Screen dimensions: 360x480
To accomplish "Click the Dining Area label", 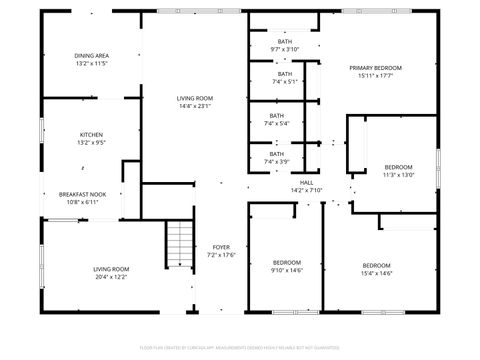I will coord(91,55).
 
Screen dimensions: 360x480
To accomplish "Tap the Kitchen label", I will coord(91,134).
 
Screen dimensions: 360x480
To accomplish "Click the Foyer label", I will coord(221,247).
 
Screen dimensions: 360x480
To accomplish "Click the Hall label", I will coord(307,183).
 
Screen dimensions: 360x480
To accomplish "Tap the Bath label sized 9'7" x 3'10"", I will coord(285,41).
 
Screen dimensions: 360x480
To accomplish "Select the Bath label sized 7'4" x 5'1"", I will coord(285,74).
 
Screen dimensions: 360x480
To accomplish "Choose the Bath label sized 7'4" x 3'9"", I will coord(276,154).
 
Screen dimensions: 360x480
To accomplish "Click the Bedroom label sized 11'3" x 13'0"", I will coord(398,167).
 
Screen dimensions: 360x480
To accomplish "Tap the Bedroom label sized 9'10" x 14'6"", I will coord(286,262).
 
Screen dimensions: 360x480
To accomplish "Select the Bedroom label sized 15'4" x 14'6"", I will coord(376,265).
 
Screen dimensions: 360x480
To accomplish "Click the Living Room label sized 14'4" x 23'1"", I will coord(195,98).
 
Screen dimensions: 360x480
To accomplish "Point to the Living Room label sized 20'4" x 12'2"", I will coord(111,269).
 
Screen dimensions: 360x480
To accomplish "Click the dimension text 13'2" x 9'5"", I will coord(91,142).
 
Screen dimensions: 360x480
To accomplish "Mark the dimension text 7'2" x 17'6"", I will coord(221,254).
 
